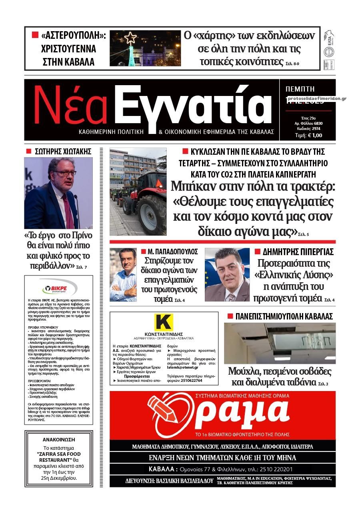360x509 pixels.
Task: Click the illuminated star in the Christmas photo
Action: click(x=130, y=38)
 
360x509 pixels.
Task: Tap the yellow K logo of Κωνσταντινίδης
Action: click(x=164, y=323)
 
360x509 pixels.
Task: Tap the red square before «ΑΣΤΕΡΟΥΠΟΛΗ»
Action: click(x=35, y=35)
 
